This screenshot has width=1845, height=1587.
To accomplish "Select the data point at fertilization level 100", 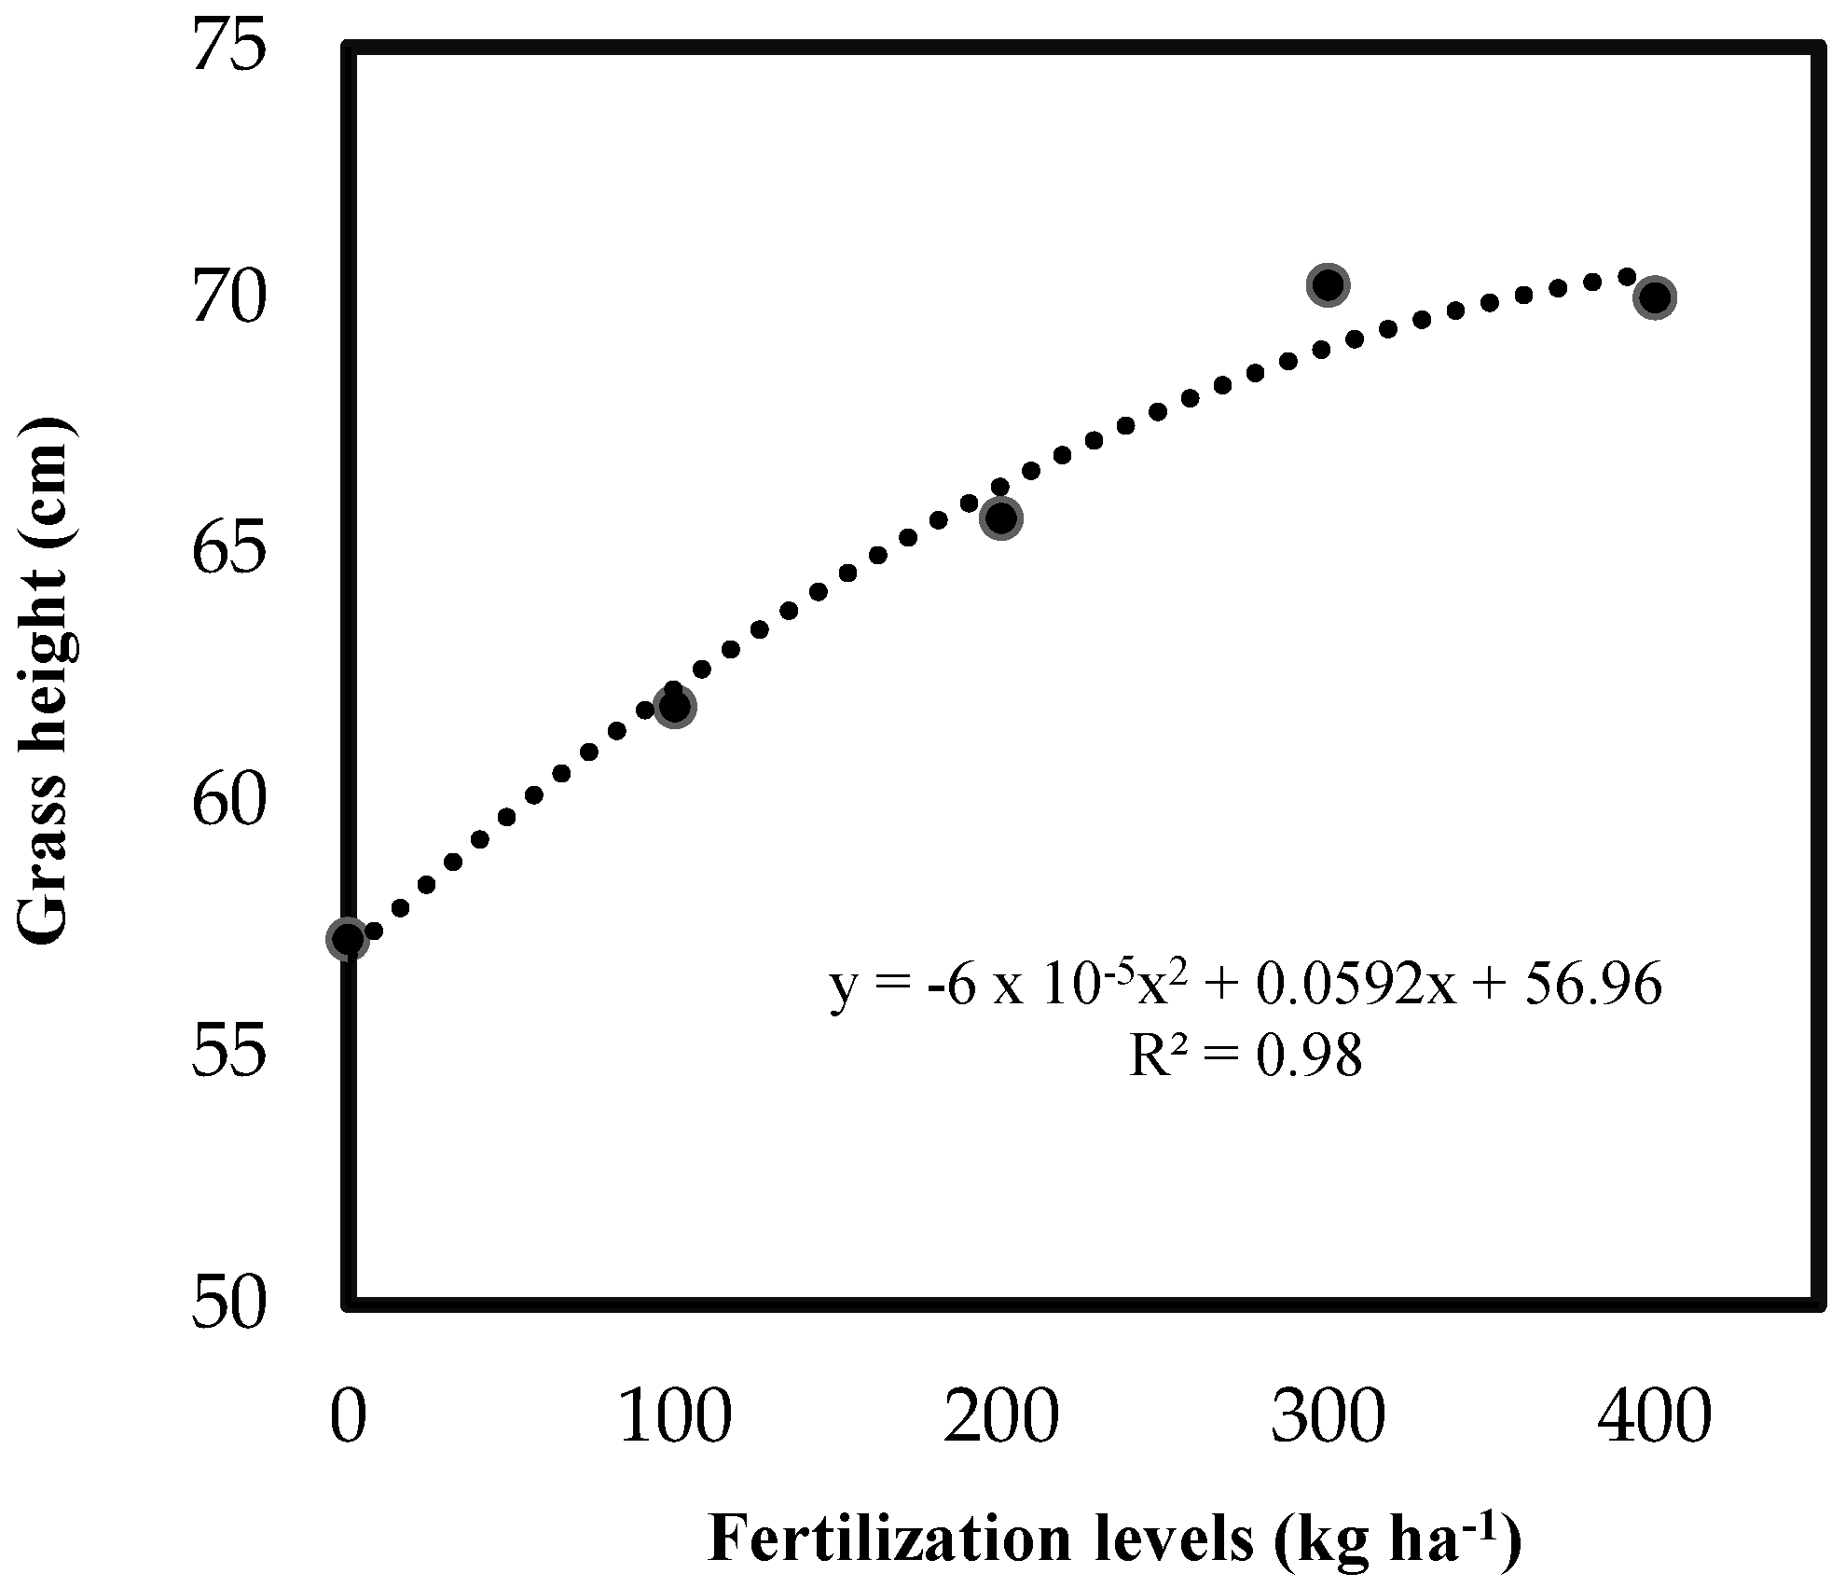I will pyautogui.click(x=674, y=707).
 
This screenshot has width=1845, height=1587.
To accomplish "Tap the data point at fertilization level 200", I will pyautogui.click(x=1001, y=518).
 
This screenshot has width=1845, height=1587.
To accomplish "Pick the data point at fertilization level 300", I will pyautogui.click(x=1329, y=284).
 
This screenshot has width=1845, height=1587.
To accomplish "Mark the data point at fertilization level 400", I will pyautogui.click(x=1655, y=297).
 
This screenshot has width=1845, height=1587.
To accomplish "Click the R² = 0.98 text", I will pyautogui.click(x=1245, y=1057).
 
